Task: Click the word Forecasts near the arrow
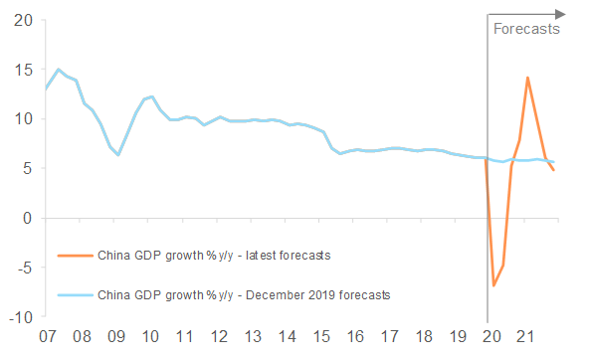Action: pyautogui.click(x=526, y=29)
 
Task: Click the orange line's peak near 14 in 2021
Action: pyautogui.click(x=527, y=78)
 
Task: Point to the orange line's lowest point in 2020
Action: pyautogui.click(x=493, y=285)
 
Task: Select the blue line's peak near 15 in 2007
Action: pyautogui.click(x=60, y=70)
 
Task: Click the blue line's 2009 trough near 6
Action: pyautogui.click(x=118, y=155)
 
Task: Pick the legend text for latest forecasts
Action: pyautogui.click(x=213, y=256)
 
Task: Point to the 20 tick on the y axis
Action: pyautogui.click(x=22, y=20)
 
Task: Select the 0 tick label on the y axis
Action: pyautogui.click(x=27, y=218)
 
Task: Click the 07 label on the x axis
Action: pyautogui.click(x=47, y=337)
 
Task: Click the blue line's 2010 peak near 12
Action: pyautogui.click(x=151, y=96)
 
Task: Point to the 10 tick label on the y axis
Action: pyautogui.click(x=22, y=118)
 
